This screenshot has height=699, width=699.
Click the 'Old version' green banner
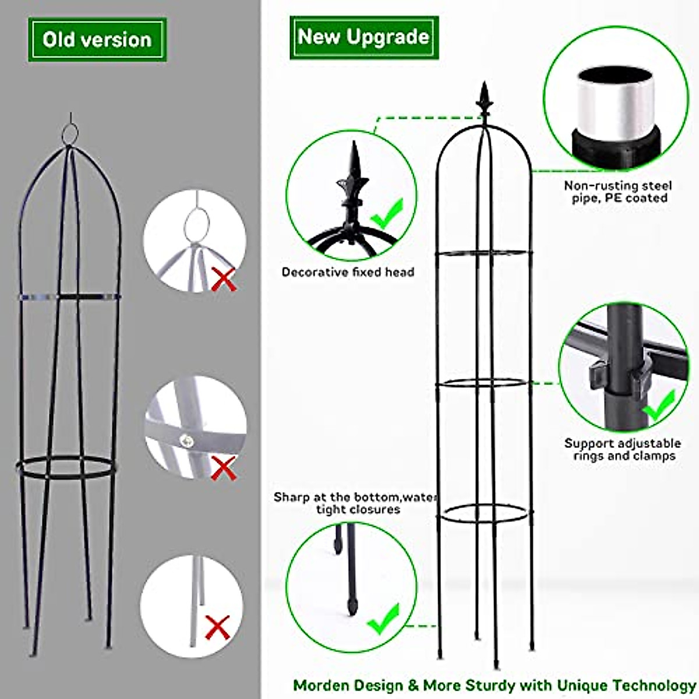pyautogui.click(x=97, y=40)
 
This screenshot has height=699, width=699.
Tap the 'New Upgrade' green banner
pyautogui.click(x=364, y=37)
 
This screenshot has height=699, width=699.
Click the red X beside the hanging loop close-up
pyautogui.click(x=224, y=279)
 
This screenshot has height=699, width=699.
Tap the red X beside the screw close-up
pyautogui.click(x=223, y=468)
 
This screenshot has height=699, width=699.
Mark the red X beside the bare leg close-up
pyautogui.click(x=217, y=627)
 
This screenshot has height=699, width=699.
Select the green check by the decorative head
pyautogui.click(x=387, y=214)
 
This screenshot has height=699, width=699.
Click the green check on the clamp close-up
pyautogui.click(x=660, y=405)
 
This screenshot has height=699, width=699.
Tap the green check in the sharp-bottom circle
pyautogui.click(x=384, y=619)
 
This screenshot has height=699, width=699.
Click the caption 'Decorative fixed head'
pyautogui.click(x=348, y=272)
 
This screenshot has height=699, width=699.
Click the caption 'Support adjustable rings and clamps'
pyautogui.click(x=622, y=450)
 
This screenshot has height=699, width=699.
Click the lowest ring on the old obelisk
pyautogui.click(x=64, y=467)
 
